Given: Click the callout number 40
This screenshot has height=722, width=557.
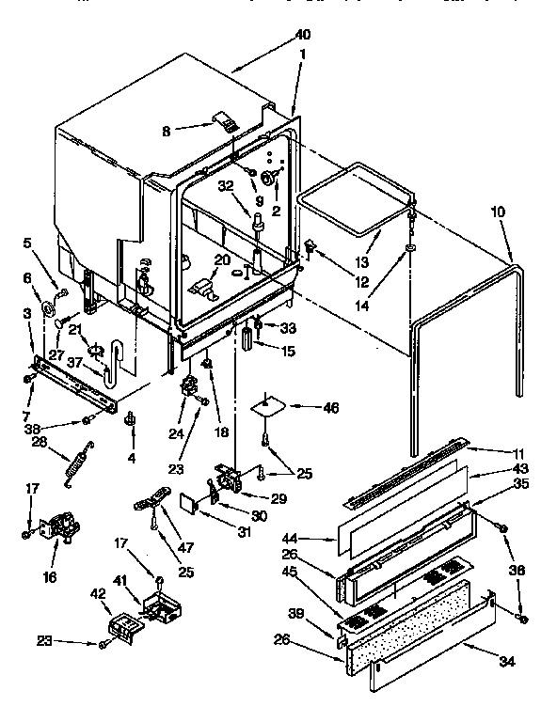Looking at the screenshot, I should (x=302, y=35).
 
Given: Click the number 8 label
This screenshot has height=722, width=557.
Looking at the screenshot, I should (x=167, y=132).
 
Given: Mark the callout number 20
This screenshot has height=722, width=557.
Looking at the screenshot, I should (x=222, y=259).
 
